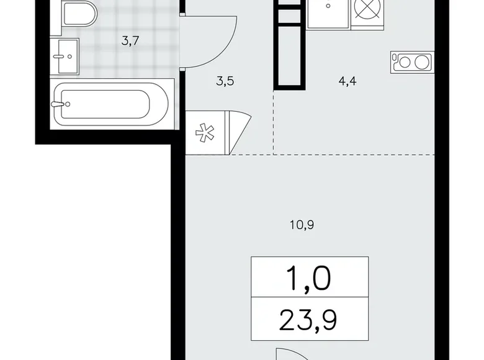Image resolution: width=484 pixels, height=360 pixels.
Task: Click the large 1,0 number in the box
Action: [x=310, y=280]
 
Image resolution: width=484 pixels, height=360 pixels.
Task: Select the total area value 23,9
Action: [x=310, y=322]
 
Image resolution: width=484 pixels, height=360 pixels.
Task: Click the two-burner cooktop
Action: [x=411, y=61]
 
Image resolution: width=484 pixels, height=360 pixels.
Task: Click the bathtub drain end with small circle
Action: [x=63, y=105]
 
